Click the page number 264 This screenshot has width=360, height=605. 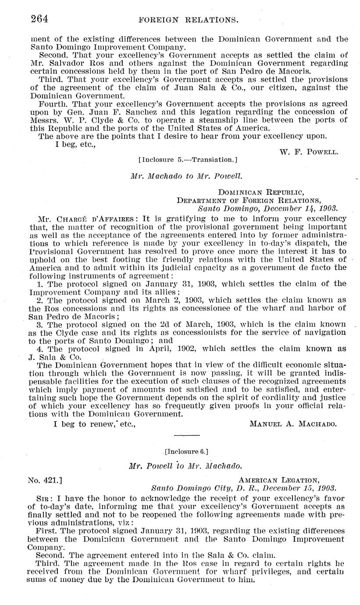[39, 19]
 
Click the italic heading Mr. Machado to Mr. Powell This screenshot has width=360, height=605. [186, 176]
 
